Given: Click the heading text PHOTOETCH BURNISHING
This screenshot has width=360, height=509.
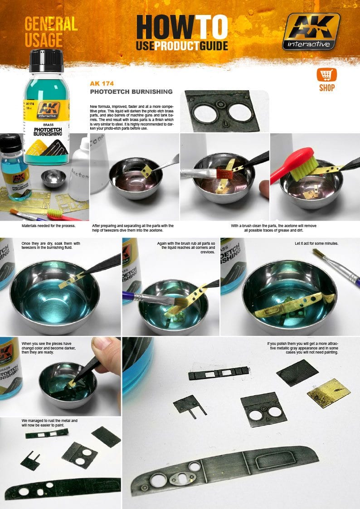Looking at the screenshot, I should pyautogui.click(x=132, y=92).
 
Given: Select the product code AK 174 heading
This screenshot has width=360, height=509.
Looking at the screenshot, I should pyautogui.click(x=100, y=83).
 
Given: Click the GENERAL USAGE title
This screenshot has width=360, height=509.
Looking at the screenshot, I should pyautogui.click(x=50, y=32).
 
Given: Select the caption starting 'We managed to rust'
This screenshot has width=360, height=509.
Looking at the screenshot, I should pyautogui.click(x=50, y=423).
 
